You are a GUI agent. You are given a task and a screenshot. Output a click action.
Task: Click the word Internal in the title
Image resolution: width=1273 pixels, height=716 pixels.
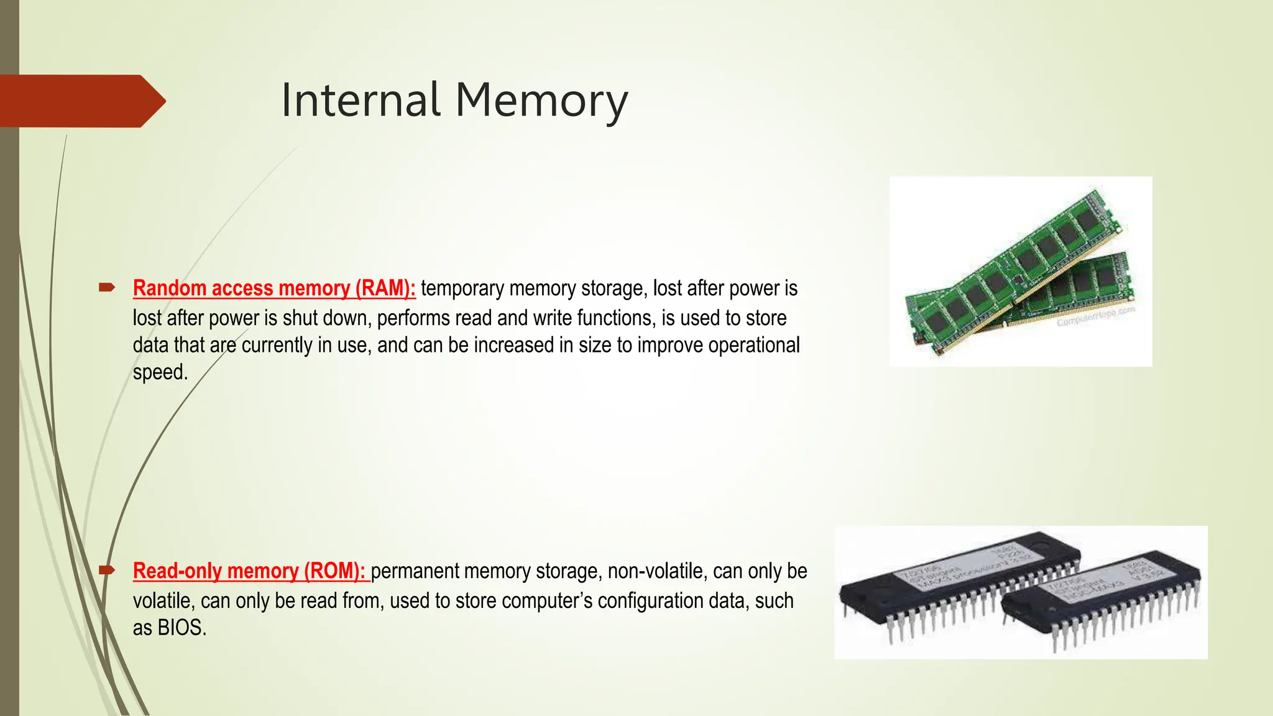[361, 100]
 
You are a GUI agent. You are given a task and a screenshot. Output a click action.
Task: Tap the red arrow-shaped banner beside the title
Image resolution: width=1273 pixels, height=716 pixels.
[81, 101]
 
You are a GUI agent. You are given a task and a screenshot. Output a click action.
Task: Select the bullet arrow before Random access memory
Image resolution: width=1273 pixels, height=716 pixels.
[106, 287]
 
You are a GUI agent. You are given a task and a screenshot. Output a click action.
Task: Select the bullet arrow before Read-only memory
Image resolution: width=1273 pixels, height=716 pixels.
[106, 569]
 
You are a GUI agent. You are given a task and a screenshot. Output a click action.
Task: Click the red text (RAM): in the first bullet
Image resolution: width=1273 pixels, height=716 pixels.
[385, 288]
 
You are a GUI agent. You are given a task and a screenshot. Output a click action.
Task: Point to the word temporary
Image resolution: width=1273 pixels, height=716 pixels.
[462, 289]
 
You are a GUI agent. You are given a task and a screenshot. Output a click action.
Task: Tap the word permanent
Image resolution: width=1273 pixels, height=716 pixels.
[415, 571]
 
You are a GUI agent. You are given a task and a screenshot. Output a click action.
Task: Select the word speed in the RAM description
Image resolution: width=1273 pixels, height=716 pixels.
[159, 372]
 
